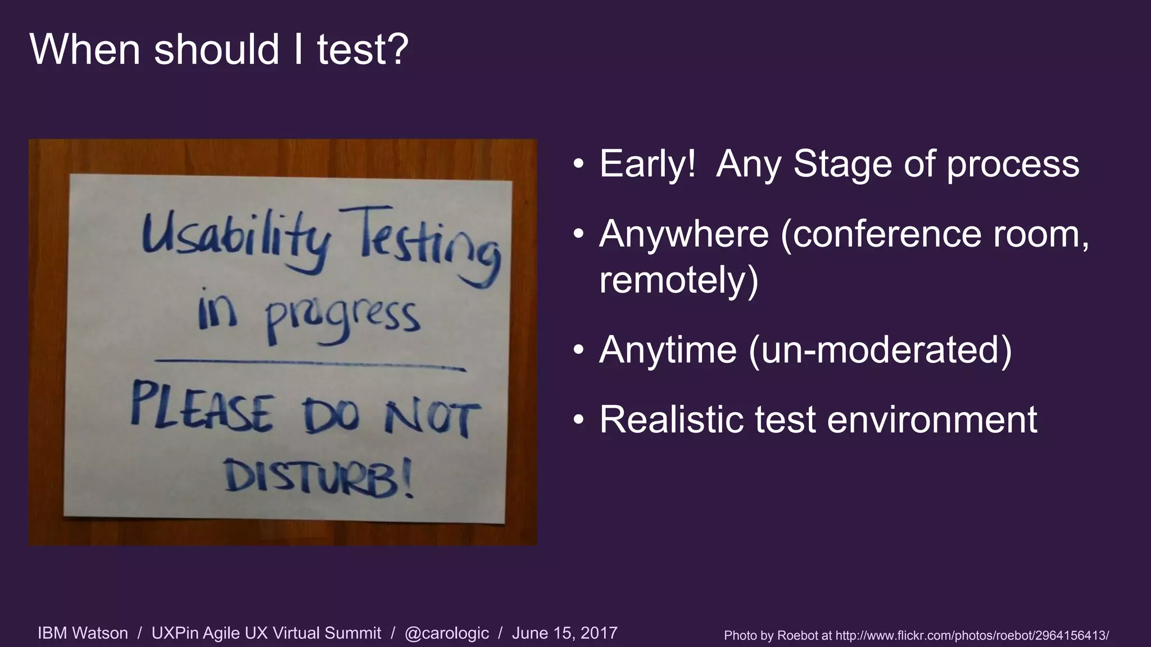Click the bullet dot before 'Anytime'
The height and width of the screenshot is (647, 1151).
point(579,350)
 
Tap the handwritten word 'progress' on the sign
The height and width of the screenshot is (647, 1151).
point(342,320)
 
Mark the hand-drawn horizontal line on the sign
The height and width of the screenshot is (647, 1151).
point(309,364)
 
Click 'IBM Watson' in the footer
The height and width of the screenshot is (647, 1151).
point(83,634)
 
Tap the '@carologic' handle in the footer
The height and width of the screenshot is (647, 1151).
point(447,634)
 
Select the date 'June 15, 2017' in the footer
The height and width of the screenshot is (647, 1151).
point(564,634)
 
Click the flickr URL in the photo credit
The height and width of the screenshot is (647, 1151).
point(972,636)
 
